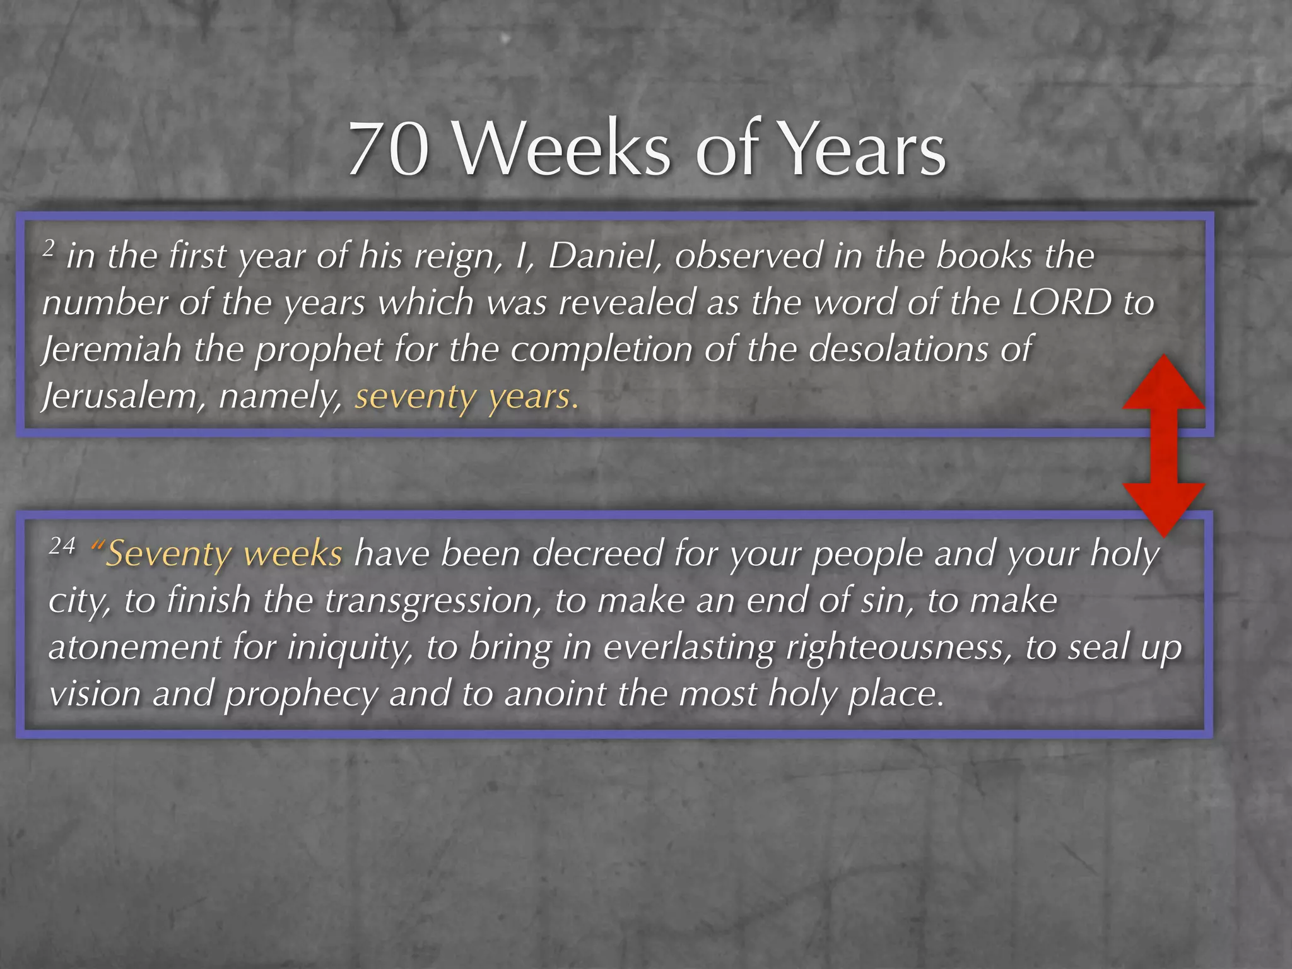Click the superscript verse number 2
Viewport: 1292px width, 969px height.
click(49, 249)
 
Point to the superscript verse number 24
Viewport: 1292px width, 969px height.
click(62, 545)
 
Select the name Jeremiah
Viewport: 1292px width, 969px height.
click(112, 349)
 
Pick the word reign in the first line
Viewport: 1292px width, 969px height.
click(458, 257)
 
